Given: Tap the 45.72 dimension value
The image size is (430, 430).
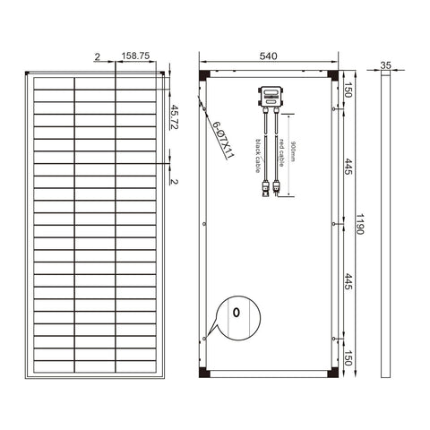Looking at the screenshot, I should pos(175,116).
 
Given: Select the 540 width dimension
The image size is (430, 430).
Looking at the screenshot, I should pos(270,56).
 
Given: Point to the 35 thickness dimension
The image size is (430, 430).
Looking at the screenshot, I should pos(386,65).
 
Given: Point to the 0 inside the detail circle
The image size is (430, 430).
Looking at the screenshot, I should pos(236,313).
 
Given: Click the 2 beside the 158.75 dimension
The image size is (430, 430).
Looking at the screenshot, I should pos(97,56).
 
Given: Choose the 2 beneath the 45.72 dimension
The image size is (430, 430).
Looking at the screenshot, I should pos(175,182).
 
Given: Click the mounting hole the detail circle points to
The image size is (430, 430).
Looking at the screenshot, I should pos(205,339).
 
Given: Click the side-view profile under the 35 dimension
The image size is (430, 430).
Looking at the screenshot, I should pos(386,224).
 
